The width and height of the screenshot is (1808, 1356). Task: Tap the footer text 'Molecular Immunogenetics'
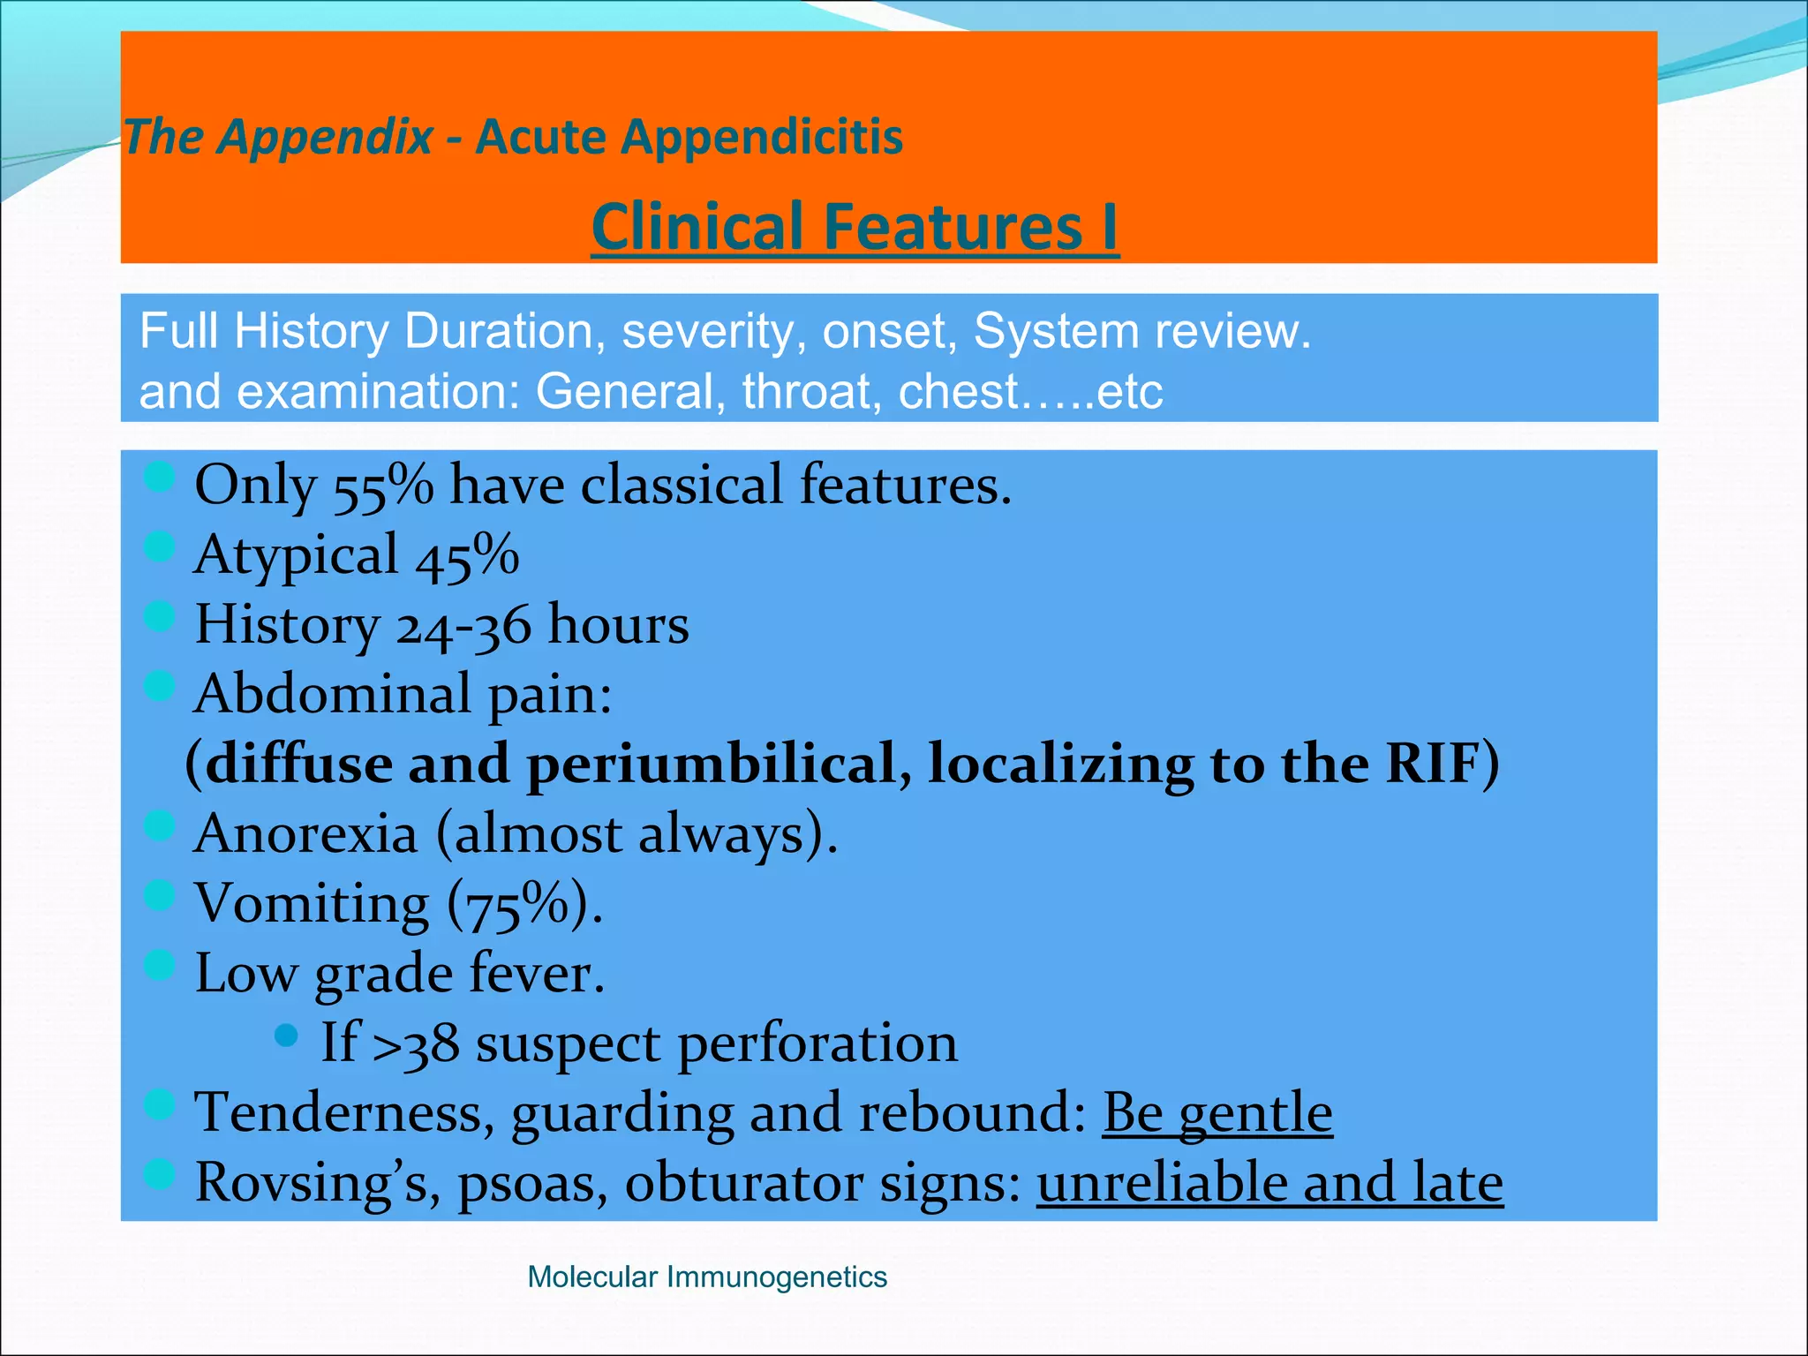coord(706,1277)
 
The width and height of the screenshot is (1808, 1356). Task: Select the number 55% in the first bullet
coord(383,486)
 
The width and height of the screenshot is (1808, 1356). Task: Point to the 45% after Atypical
coord(467,556)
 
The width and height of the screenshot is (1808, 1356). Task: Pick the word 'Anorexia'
coord(305,834)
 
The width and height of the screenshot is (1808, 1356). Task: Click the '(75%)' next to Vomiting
coord(524,904)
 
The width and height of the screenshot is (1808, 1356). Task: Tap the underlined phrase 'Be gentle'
coord(1217,1112)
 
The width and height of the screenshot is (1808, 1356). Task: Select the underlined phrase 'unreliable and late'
coord(1269,1183)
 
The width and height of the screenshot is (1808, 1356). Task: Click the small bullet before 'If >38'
coord(286,1036)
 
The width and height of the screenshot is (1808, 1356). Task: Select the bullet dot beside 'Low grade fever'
coord(159,964)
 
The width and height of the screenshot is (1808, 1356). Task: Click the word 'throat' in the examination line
coord(811,391)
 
